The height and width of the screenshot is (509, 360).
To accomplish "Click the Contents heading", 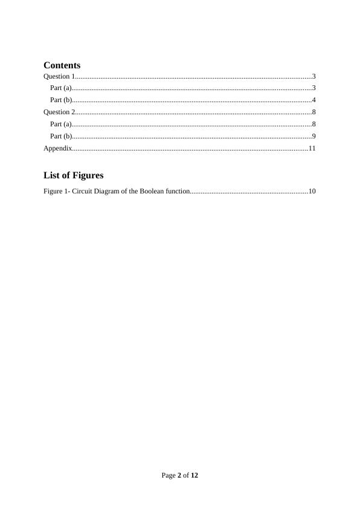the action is pos(62,65).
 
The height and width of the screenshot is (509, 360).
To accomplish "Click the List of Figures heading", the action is pos(73,175).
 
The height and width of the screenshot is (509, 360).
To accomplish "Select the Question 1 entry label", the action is pos(59,76).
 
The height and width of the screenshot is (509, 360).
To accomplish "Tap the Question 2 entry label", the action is pos(59,112).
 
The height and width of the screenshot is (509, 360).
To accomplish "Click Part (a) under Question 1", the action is pos(60,88).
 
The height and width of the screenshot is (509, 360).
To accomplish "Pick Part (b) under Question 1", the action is pos(61,100).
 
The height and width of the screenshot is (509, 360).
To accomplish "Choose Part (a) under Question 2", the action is pos(60,124).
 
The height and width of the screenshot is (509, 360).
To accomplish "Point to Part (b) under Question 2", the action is pos(61,136).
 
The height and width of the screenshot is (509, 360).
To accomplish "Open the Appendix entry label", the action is pos(58,148).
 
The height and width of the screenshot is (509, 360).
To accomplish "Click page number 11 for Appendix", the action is pos(312,148).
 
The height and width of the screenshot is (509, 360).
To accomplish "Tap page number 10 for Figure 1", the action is pos(312,192).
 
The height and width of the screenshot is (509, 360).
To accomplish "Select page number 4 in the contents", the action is pos(314,100).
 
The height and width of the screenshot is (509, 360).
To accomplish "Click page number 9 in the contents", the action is pos(314,136).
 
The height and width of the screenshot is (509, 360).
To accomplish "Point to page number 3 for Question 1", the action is pos(314,76).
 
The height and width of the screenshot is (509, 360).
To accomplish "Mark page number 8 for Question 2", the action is pos(314,112).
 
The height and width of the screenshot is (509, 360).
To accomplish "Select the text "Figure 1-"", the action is pos(53,192).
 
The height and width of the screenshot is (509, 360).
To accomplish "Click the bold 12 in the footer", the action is pos(194,475).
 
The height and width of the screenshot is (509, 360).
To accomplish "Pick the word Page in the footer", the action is pos(169,475).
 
